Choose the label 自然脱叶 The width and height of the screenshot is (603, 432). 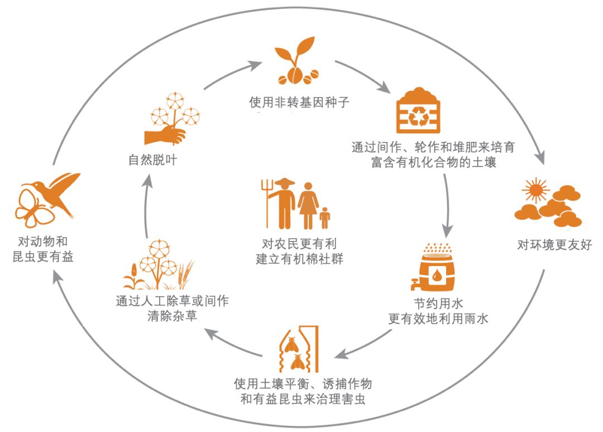point(152,160)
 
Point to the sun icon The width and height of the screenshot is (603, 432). point(535,190)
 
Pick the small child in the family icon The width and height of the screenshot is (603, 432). point(324,218)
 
